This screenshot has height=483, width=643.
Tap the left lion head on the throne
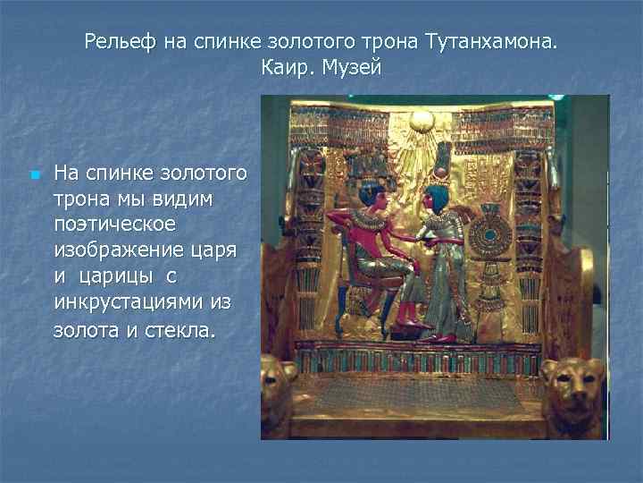(x=279, y=385)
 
